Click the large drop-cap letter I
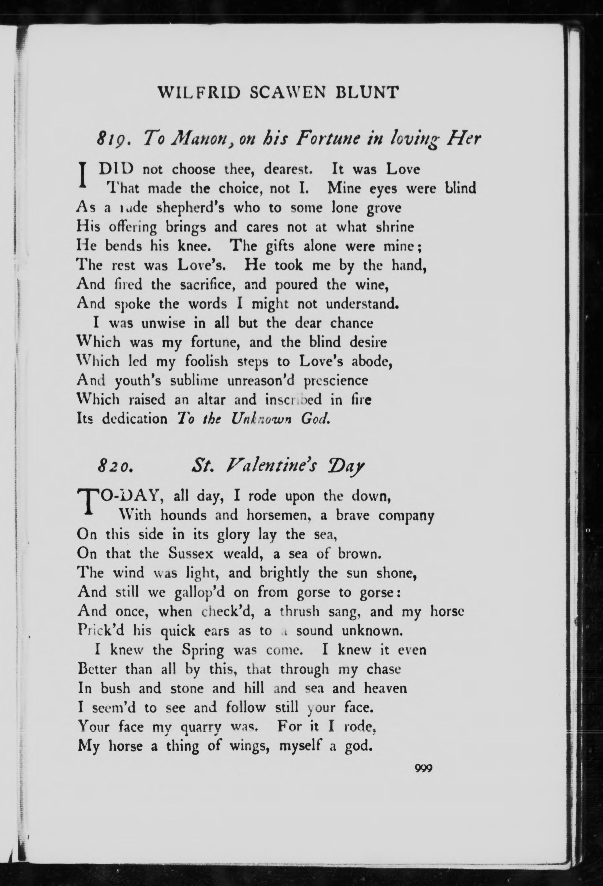pyautogui.click(x=81, y=174)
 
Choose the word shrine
pyautogui.click(x=395, y=227)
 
